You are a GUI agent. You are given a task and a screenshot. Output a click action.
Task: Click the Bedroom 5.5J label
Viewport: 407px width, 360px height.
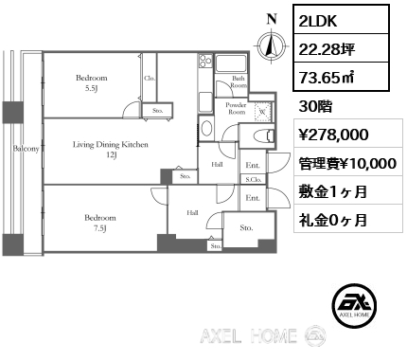(x=92, y=82)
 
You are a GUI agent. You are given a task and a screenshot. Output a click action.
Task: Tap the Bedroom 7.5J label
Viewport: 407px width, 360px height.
(x=100, y=223)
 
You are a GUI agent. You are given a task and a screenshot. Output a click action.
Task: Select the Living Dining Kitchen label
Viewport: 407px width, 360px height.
(x=111, y=150)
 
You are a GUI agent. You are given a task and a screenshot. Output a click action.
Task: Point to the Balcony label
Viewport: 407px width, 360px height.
(x=27, y=149)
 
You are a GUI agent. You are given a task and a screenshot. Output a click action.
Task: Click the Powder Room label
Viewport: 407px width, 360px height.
(x=236, y=108)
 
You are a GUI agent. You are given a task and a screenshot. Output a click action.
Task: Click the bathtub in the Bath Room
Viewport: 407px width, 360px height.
(x=231, y=64)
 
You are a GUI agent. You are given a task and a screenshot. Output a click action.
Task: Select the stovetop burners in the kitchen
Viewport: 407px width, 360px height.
(x=205, y=61)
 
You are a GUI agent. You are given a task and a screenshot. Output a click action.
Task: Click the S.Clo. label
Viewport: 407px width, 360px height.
(x=254, y=179)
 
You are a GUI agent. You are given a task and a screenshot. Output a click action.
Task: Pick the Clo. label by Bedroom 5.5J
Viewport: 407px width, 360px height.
(x=150, y=78)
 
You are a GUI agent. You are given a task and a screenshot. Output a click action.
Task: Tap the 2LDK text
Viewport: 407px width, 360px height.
(x=318, y=21)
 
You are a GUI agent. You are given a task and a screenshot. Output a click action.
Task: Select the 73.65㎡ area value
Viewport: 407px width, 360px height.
(x=326, y=78)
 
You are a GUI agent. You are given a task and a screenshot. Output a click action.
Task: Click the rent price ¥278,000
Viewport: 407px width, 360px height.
(x=333, y=135)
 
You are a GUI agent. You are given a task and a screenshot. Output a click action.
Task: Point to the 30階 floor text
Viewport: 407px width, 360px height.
(x=315, y=107)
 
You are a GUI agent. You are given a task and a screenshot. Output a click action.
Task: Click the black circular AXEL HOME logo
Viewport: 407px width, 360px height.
(x=355, y=305)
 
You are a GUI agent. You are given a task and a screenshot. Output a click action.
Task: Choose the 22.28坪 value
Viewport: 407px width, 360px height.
(x=327, y=49)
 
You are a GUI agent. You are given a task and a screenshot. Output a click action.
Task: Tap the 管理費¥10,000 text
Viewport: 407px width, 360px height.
(x=347, y=163)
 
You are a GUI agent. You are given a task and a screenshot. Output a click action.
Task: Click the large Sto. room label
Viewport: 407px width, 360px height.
(x=246, y=227)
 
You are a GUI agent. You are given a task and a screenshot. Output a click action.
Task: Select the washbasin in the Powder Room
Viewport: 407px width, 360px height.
(x=206, y=129)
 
